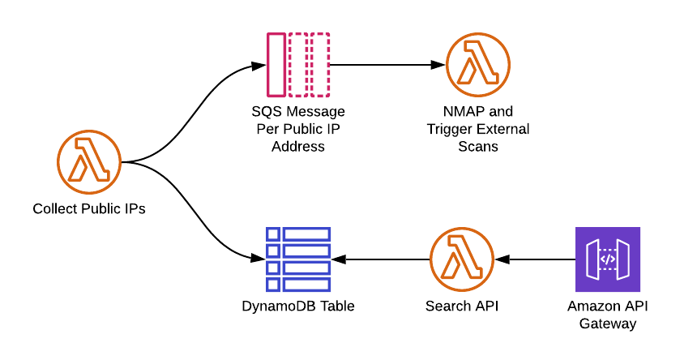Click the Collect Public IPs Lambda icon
point(89,161)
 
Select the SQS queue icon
point(297,64)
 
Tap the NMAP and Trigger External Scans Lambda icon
point(478,64)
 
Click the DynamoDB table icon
point(297,259)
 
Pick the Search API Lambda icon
point(462,259)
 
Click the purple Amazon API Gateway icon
point(608,259)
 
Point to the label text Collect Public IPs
point(89,209)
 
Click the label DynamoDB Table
point(297,306)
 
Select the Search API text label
point(462,306)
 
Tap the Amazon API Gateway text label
point(608,315)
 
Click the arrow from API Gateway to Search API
point(535,259)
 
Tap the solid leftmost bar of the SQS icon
point(276,64)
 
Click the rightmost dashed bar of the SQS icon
point(320,64)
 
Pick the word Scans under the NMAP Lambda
point(478,147)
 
